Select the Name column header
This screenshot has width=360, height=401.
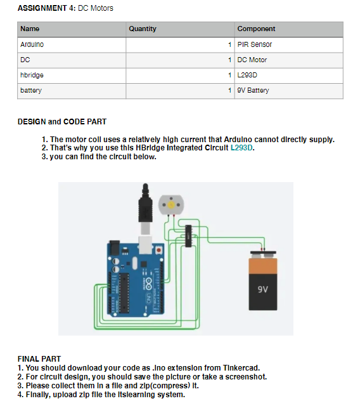coord(30,29)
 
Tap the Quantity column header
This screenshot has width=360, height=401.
coord(142,29)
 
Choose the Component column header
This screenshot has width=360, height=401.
coord(256,29)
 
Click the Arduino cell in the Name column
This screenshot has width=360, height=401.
coord(32,45)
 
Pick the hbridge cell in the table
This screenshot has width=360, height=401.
coord(32,75)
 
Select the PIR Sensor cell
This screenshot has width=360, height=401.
coord(254,45)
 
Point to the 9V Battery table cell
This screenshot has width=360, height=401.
coord(253,90)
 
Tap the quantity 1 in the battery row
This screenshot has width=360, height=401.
coord(230,90)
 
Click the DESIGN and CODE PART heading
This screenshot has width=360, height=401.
coord(62,121)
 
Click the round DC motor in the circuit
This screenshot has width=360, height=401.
coord(170,205)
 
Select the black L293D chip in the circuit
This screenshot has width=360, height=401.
coord(187,235)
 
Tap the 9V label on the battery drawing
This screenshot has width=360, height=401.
coord(264,289)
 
